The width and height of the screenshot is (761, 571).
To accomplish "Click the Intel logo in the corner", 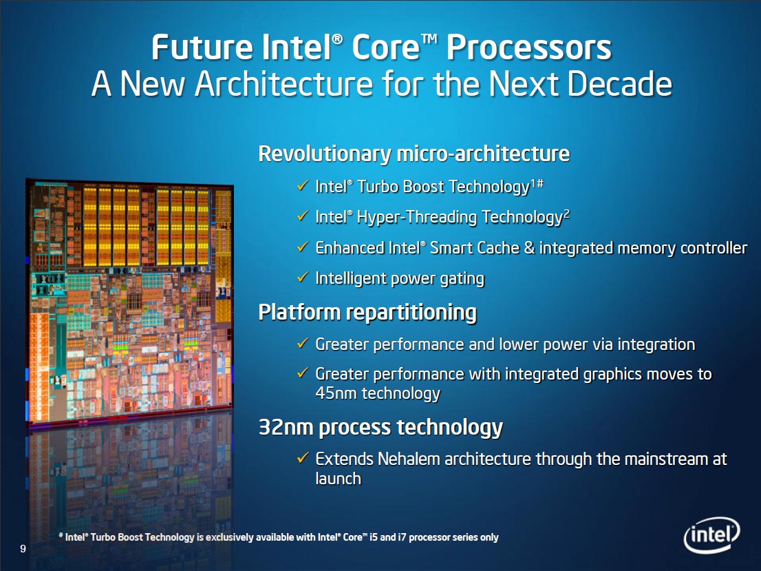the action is pyautogui.click(x=711, y=535).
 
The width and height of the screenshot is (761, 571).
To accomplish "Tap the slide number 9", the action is pyautogui.click(x=23, y=549).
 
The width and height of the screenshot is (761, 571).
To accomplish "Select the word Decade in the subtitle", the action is pyautogui.click(x=619, y=83).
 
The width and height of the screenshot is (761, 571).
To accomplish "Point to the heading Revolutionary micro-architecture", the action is pyautogui.click(x=414, y=154).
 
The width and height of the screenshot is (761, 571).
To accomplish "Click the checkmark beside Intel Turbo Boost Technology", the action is pyautogui.click(x=303, y=185).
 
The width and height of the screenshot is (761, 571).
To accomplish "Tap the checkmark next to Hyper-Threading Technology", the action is pyautogui.click(x=303, y=216).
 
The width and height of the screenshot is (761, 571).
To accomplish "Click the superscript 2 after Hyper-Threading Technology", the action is pyautogui.click(x=566, y=214).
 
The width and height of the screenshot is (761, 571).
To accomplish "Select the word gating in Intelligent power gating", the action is pyautogui.click(x=462, y=279).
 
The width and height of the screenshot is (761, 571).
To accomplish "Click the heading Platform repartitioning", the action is pyautogui.click(x=367, y=312).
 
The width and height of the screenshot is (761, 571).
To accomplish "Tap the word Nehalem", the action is pyautogui.click(x=409, y=459).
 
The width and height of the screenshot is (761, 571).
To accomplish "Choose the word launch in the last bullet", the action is pyautogui.click(x=339, y=479).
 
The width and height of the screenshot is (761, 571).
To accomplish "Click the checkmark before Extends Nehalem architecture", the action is pyautogui.click(x=303, y=458).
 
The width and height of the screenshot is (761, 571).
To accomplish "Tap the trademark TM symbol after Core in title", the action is pyautogui.click(x=431, y=39).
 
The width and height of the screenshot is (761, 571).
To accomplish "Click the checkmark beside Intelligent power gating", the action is pyautogui.click(x=303, y=277).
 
